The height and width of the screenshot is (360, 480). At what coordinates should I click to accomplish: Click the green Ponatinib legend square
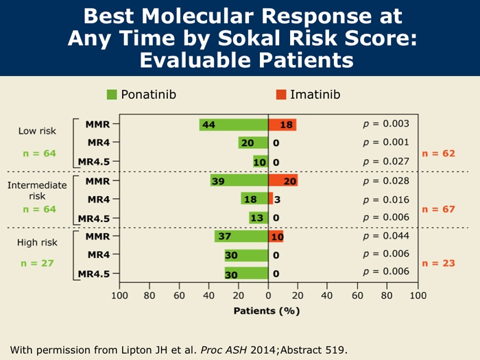pos(112,94)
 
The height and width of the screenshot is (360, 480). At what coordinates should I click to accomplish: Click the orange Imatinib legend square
pos(280,94)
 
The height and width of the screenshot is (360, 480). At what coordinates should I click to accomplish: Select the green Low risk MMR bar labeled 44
pos(234,125)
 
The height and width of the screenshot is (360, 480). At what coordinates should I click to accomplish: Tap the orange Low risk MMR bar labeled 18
pos(282,125)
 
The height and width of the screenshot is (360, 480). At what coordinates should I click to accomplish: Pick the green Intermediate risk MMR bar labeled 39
pos(239,180)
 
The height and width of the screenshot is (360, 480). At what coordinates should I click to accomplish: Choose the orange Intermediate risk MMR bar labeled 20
pos(283,180)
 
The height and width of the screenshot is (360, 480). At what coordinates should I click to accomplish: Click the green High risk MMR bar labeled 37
pos(241,237)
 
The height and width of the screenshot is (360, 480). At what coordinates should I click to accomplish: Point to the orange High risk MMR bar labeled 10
pos(276,237)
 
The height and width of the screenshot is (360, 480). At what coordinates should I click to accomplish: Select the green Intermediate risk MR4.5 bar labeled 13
pos(259,218)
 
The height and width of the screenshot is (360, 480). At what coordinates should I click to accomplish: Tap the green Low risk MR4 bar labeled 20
pos(253,143)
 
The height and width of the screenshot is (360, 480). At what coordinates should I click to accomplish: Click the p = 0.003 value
pos(386,124)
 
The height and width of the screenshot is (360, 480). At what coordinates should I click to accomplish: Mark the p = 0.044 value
pos(386,236)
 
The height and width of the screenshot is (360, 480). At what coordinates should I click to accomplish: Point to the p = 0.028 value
pos(386,180)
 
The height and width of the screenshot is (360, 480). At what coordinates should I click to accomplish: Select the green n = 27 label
pos(37,262)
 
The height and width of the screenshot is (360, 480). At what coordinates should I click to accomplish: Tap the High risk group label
pos(37,243)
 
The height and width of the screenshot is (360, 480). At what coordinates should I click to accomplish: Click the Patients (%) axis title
pos(268,310)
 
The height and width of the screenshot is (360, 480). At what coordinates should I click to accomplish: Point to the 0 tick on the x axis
pos(268,296)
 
